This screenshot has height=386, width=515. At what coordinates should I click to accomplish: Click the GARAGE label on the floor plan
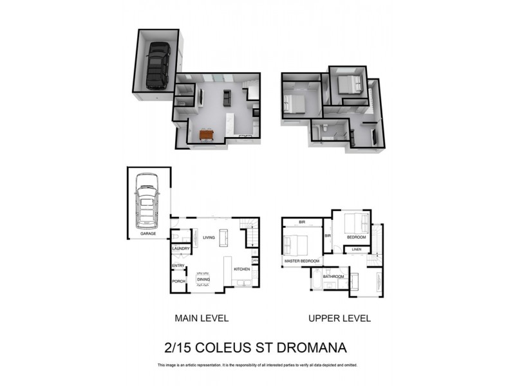(x=149, y=234)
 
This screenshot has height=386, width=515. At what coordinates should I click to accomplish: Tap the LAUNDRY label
(x=180, y=248)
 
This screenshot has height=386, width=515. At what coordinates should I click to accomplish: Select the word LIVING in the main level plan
(x=209, y=237)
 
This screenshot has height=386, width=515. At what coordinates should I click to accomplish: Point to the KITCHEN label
(x=241, y=269)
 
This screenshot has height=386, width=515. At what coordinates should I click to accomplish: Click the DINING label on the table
(x=203, y=279)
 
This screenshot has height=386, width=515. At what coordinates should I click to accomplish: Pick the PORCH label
(x=178, y=281)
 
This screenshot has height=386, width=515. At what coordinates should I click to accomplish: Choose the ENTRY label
(x=178, y=266)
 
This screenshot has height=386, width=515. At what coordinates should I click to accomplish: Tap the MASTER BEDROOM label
(x=302, y=261)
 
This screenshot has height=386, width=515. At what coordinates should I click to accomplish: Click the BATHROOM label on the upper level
(x=333, y=277)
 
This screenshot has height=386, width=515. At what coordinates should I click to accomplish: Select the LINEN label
(x=357, y=249)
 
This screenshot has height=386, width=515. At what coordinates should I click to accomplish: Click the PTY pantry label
(x=255, y=261)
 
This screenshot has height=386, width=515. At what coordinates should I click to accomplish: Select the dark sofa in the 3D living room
(x=227, y=98)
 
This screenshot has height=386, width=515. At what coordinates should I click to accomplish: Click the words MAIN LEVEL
(x=201, y=318)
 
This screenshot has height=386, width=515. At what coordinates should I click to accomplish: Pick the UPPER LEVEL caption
(x=339, y=318)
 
